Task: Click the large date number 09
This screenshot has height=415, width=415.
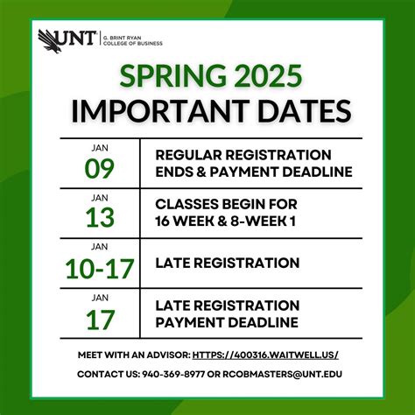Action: coord(99,168)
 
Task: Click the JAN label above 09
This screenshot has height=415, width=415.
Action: coord(99,148)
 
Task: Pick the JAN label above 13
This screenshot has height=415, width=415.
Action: coord(99,198)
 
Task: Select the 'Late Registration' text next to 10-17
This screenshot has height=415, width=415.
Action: coord(227,262)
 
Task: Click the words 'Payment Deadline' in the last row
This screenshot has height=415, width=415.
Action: coord(226,321)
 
